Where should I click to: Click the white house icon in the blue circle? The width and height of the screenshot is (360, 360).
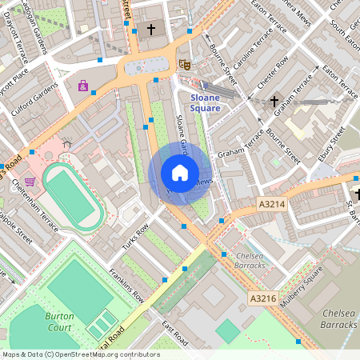[x=180, y=173]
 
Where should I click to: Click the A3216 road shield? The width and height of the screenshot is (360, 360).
[x=262, y=298]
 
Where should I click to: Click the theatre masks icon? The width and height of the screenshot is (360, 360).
[x=185, y=64]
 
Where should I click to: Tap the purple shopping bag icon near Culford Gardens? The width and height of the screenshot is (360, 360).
[x=82, y=85]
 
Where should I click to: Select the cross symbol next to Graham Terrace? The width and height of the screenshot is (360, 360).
[x=274, y=102]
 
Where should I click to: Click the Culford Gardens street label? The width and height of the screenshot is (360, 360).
[x=34, y=101]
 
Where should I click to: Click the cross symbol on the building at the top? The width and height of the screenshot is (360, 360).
[x=151, y=30]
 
